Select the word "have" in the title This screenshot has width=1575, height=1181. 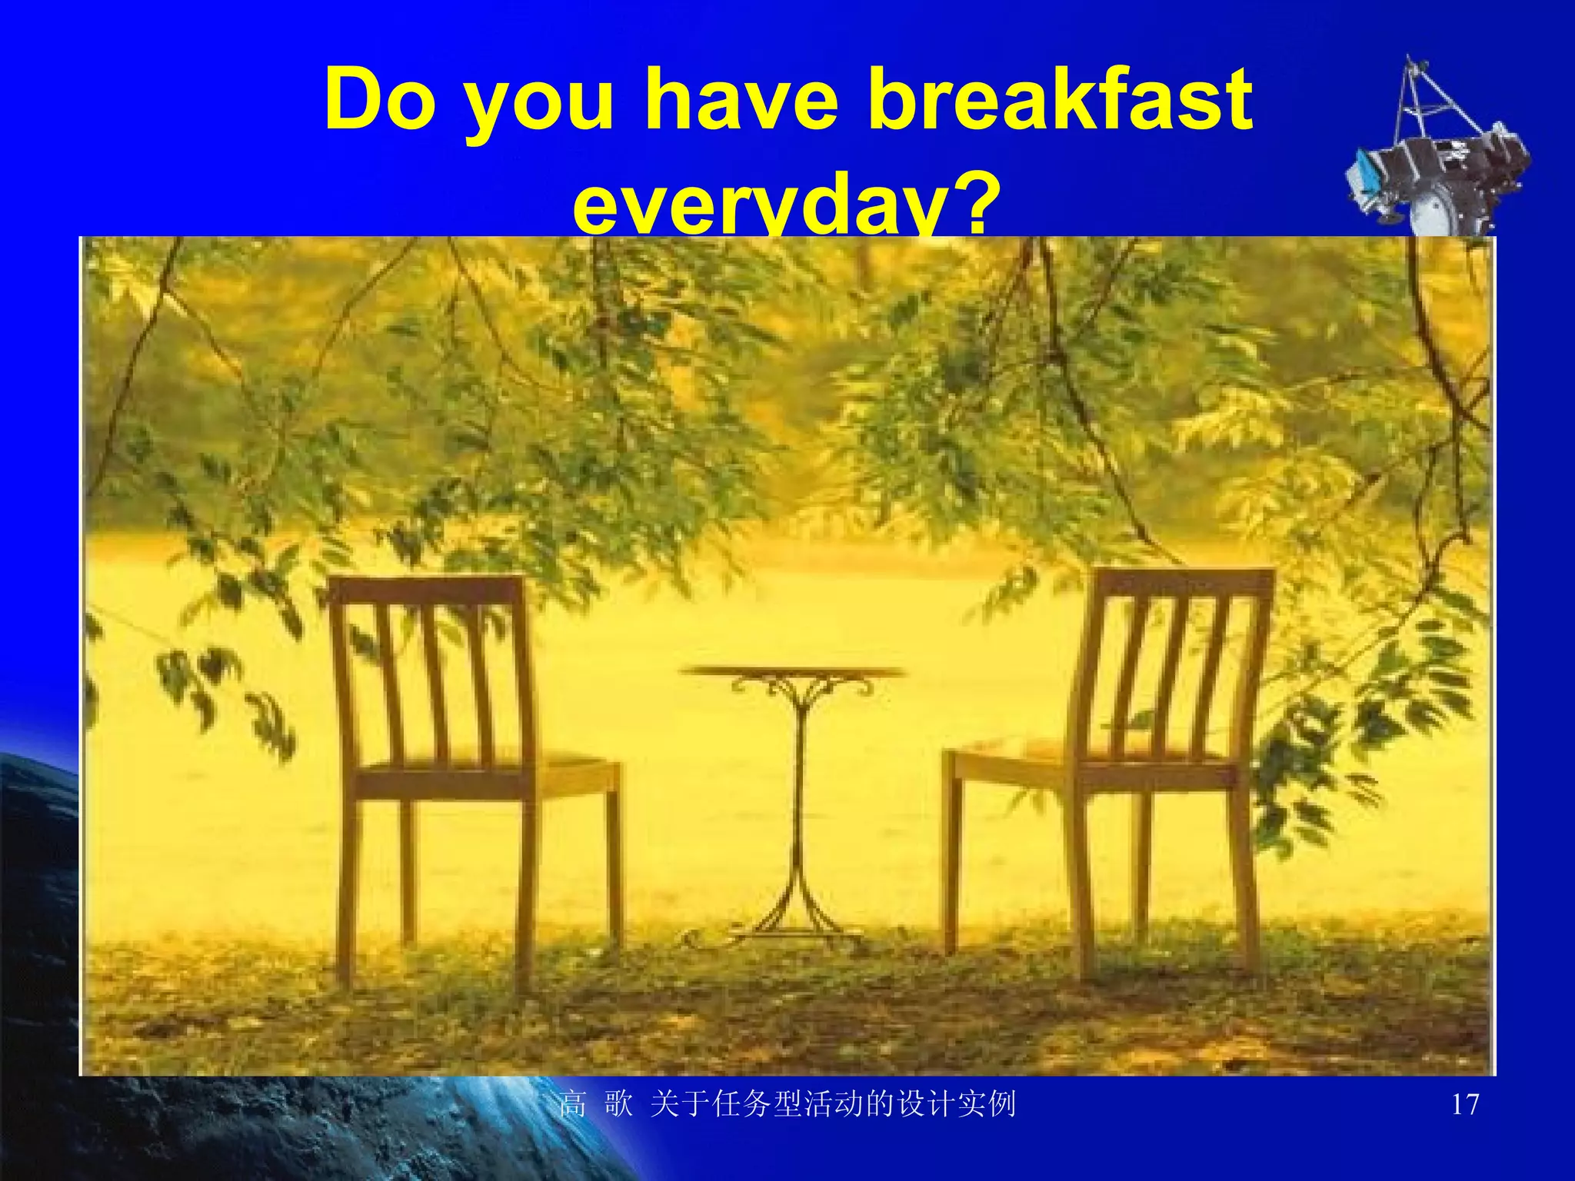tap(739, 100)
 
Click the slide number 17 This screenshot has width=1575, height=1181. tap(1464, 1105)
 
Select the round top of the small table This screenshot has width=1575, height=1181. tap(792, 672)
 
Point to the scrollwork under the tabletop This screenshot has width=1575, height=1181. tap(800, 689)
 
